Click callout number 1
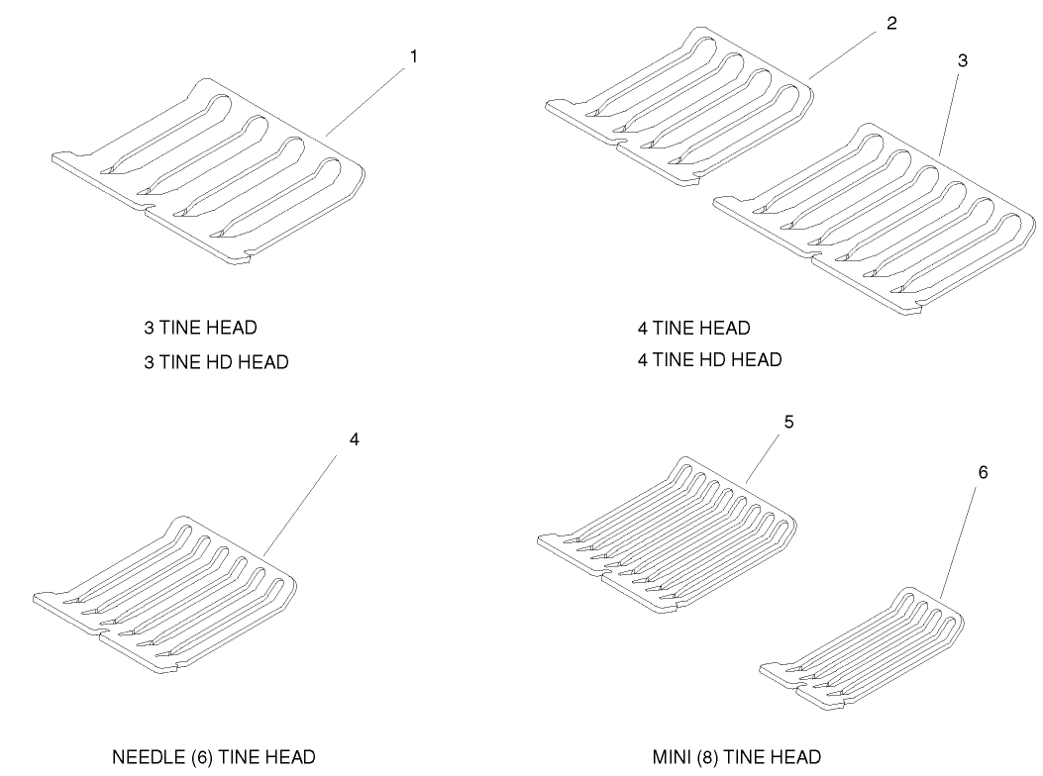click(x=414, y=57)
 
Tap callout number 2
click(x=892, y=24)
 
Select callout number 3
click(x=963, y=60)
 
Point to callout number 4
click(x=355, y=439)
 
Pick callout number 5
click(x=788, y=423)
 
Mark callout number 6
click(x=983, y=472)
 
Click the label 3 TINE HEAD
click(x=200, y=328)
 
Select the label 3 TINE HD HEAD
click(x=216, y=362)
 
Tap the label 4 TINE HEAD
click(x=693, y=328)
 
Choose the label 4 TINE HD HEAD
click(x=710, y=359)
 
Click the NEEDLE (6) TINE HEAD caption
click(x=214, y=757)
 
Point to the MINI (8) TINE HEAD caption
click(x=736, y=757)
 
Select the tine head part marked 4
click(x=165, y=594)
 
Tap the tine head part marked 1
click(x=208, y=171)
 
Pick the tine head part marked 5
click(x=667, y=534)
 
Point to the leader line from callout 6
click(x=958, y=541)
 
